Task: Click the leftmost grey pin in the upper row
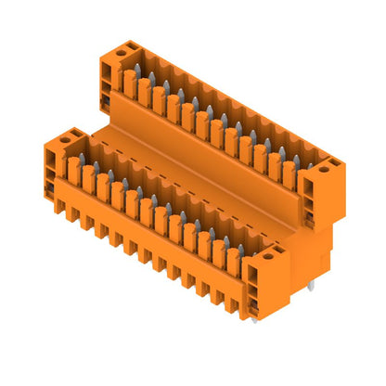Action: coord(136,72)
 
